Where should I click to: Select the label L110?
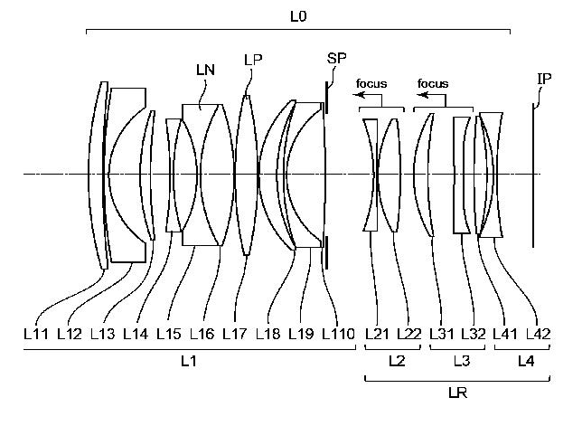(x=338, y=334)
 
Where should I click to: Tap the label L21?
(x=377, y=334)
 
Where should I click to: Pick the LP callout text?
(x=253, y=60)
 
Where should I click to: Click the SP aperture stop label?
(x=335, y=58)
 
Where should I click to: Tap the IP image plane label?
(x=544, y=79)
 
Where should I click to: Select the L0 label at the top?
(x=298, y=16)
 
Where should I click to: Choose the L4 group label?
(x=524, y=361)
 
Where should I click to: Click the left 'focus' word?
(x=371, y=84)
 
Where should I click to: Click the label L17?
(x=234, y=334)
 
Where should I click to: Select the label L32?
(x=474, y=334)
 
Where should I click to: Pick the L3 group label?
(x=461, y=361)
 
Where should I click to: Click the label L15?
(x=168, y=334)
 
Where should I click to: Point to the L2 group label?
(x=395, y=361)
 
